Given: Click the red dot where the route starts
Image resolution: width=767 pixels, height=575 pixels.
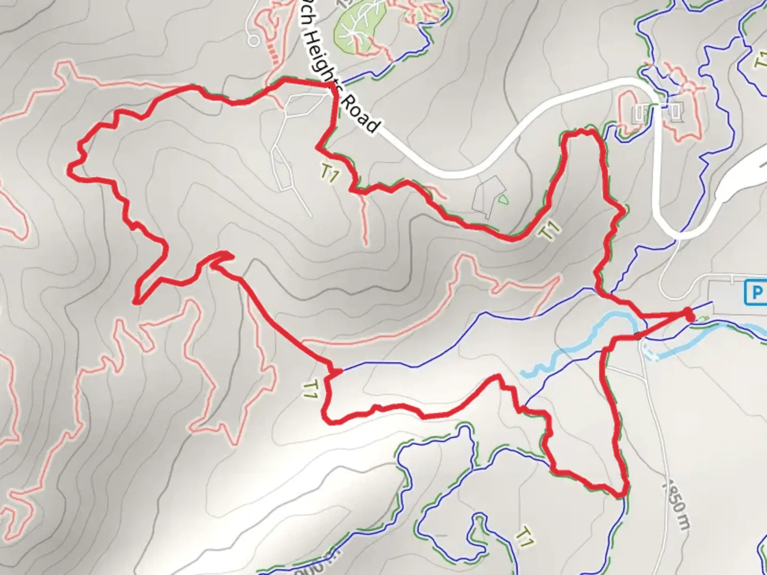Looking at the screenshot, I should point(689,314).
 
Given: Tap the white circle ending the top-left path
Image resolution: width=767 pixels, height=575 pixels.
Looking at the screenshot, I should point(254,39).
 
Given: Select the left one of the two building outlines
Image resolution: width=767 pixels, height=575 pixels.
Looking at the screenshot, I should point(640,112).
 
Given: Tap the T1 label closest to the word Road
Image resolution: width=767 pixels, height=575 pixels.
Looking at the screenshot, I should point(329,172).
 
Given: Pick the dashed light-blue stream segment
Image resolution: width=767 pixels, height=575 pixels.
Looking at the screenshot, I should point(651,352).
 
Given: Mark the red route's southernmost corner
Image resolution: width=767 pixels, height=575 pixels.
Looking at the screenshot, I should point(621,495).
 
